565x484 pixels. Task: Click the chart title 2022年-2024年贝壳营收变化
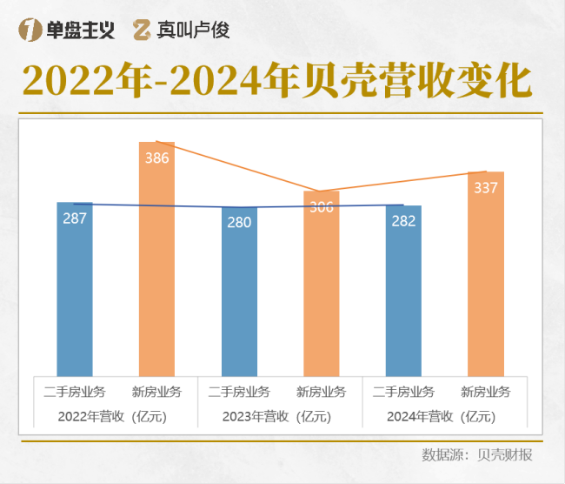pyautogui.click(x=276, y=81)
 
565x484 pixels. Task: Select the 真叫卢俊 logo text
pyautogui.click(x=182, y=30)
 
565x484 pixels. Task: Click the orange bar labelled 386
pyautogui.click(x=157, y=261)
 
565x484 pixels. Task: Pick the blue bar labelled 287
pyautogui.click(x=75, y=292)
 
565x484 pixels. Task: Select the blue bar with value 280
pyautogui.click(x=239, y=296)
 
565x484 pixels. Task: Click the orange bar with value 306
pyautogui.click(x=322, y=287)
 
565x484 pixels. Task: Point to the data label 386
pyautogui.click(x=157, y=158)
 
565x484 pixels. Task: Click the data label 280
pyautogui.click(x=239, y=223)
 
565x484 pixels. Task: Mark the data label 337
pyautogui.click(x=486, y=188)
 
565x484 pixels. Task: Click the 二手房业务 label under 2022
pyautogui.click(x=75, y=392)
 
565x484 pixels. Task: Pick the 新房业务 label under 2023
pyautogui.click(x=322, y=392)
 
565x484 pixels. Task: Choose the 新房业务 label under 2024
pyautogui.click(x=486, y=392)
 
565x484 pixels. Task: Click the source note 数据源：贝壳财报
pyautogui.click(x=476, y=455)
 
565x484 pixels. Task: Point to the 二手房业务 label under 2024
pyautogui.click(x=403, y=392)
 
